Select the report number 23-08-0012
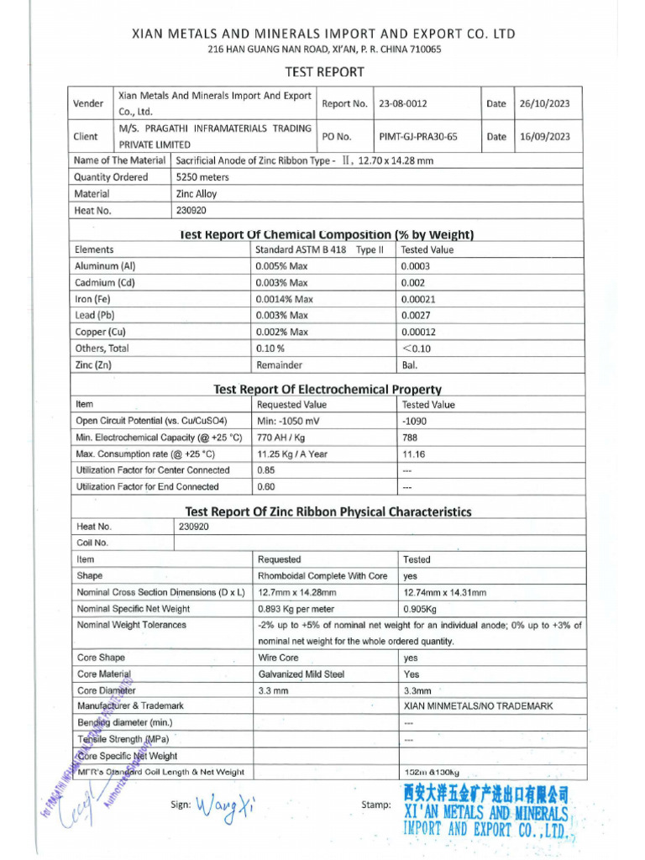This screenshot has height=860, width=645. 403,104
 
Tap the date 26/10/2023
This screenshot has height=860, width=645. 544,104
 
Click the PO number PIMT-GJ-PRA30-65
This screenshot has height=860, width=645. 418,136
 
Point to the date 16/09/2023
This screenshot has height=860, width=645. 544,136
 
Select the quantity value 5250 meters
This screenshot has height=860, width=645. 202,177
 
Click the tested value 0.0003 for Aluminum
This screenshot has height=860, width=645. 415,266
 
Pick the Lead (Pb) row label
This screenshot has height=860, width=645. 95,315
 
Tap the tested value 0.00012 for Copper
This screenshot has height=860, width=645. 418,332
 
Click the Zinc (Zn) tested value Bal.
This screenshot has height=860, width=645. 409,364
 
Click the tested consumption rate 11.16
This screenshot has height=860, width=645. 414,454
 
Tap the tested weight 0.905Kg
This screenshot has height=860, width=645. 420,609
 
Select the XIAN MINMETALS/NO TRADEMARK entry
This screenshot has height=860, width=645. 478,706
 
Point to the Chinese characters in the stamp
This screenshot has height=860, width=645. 485,794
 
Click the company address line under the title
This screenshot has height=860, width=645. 323,50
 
